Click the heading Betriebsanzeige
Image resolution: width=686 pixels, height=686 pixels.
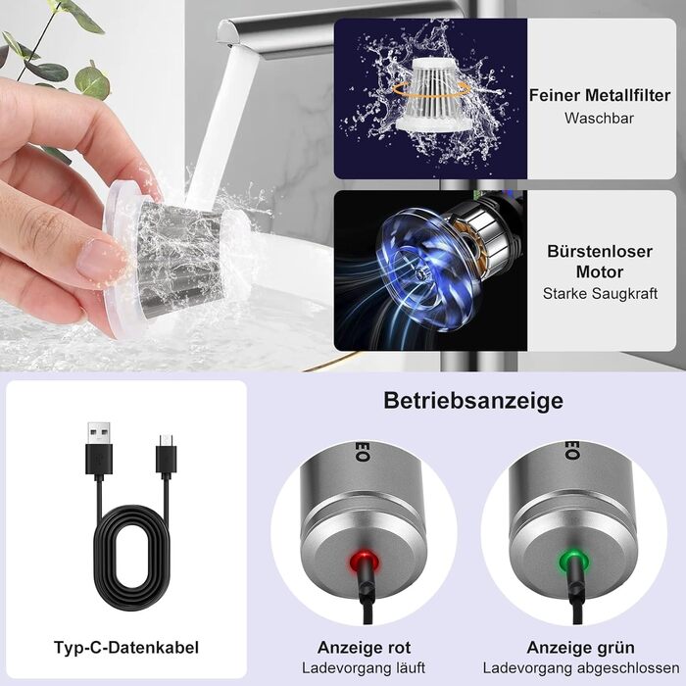pyautogui.click(x=473, y=400)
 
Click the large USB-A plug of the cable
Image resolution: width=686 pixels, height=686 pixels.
pyautogui.click(x=99, y=449)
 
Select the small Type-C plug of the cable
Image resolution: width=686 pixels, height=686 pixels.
pyautogui.click(x=167, y=455)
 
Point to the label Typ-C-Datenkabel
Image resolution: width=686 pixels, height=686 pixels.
pyautogui.click(x=126, y=647)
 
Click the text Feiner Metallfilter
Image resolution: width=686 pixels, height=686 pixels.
pyautogui.click(x=600, y=95)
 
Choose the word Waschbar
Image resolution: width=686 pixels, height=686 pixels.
pyautogui.click(x=599, y=119)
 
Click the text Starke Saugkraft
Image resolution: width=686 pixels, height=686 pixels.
pyautogui.click(x=600, y=293)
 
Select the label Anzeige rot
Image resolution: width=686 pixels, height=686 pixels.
pyautogui.click(x=364, y=647)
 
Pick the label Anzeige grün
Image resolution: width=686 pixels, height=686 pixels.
pyautogui.click(x=580, y=647)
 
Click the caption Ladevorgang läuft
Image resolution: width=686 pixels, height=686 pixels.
pyautogui.click(x=364, y=668)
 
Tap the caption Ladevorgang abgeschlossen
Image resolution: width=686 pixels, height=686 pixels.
pyautogui.click(x=581, y=668)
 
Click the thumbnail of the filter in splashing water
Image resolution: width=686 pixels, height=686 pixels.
pyautogui.click(x=430, y=98)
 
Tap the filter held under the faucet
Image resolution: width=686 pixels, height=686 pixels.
pyautogui.click(x=177, y=258)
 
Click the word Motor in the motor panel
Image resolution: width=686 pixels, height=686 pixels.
pyautogui.click(x=600, y=271)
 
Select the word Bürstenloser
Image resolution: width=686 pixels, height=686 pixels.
pyautogui.click(x=600, y=251)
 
